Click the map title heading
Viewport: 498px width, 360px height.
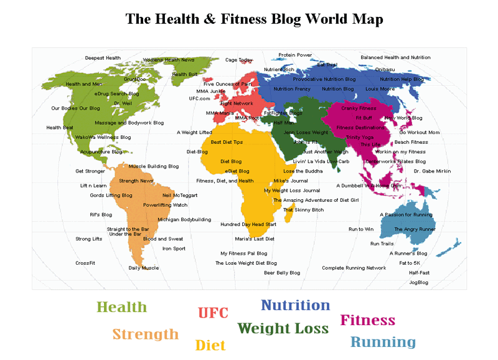[254, 19]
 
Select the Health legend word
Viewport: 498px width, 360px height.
[121, 307]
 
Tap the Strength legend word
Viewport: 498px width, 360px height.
[145, 334]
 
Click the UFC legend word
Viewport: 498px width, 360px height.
[213, 313]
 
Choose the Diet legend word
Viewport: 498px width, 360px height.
[210, 345]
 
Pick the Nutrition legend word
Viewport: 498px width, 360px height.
[295, 305]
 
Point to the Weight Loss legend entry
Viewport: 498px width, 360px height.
[283, 328]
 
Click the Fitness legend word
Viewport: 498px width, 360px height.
[367, 321]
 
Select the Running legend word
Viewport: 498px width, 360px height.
[383, 342]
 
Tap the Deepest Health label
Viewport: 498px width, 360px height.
[103, 58]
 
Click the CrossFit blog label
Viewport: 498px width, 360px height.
[85, 263]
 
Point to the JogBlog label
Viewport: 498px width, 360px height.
[418, 282]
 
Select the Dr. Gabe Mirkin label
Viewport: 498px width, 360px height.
[432, 171]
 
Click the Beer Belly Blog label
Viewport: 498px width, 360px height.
[282, 273]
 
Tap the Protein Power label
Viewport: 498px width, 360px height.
[295, 55]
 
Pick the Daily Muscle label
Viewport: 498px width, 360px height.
[144, 268]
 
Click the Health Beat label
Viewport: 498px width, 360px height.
[60, 128]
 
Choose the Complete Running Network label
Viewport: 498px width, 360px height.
[354, 268]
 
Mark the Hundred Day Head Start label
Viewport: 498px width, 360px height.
[248, 224]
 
